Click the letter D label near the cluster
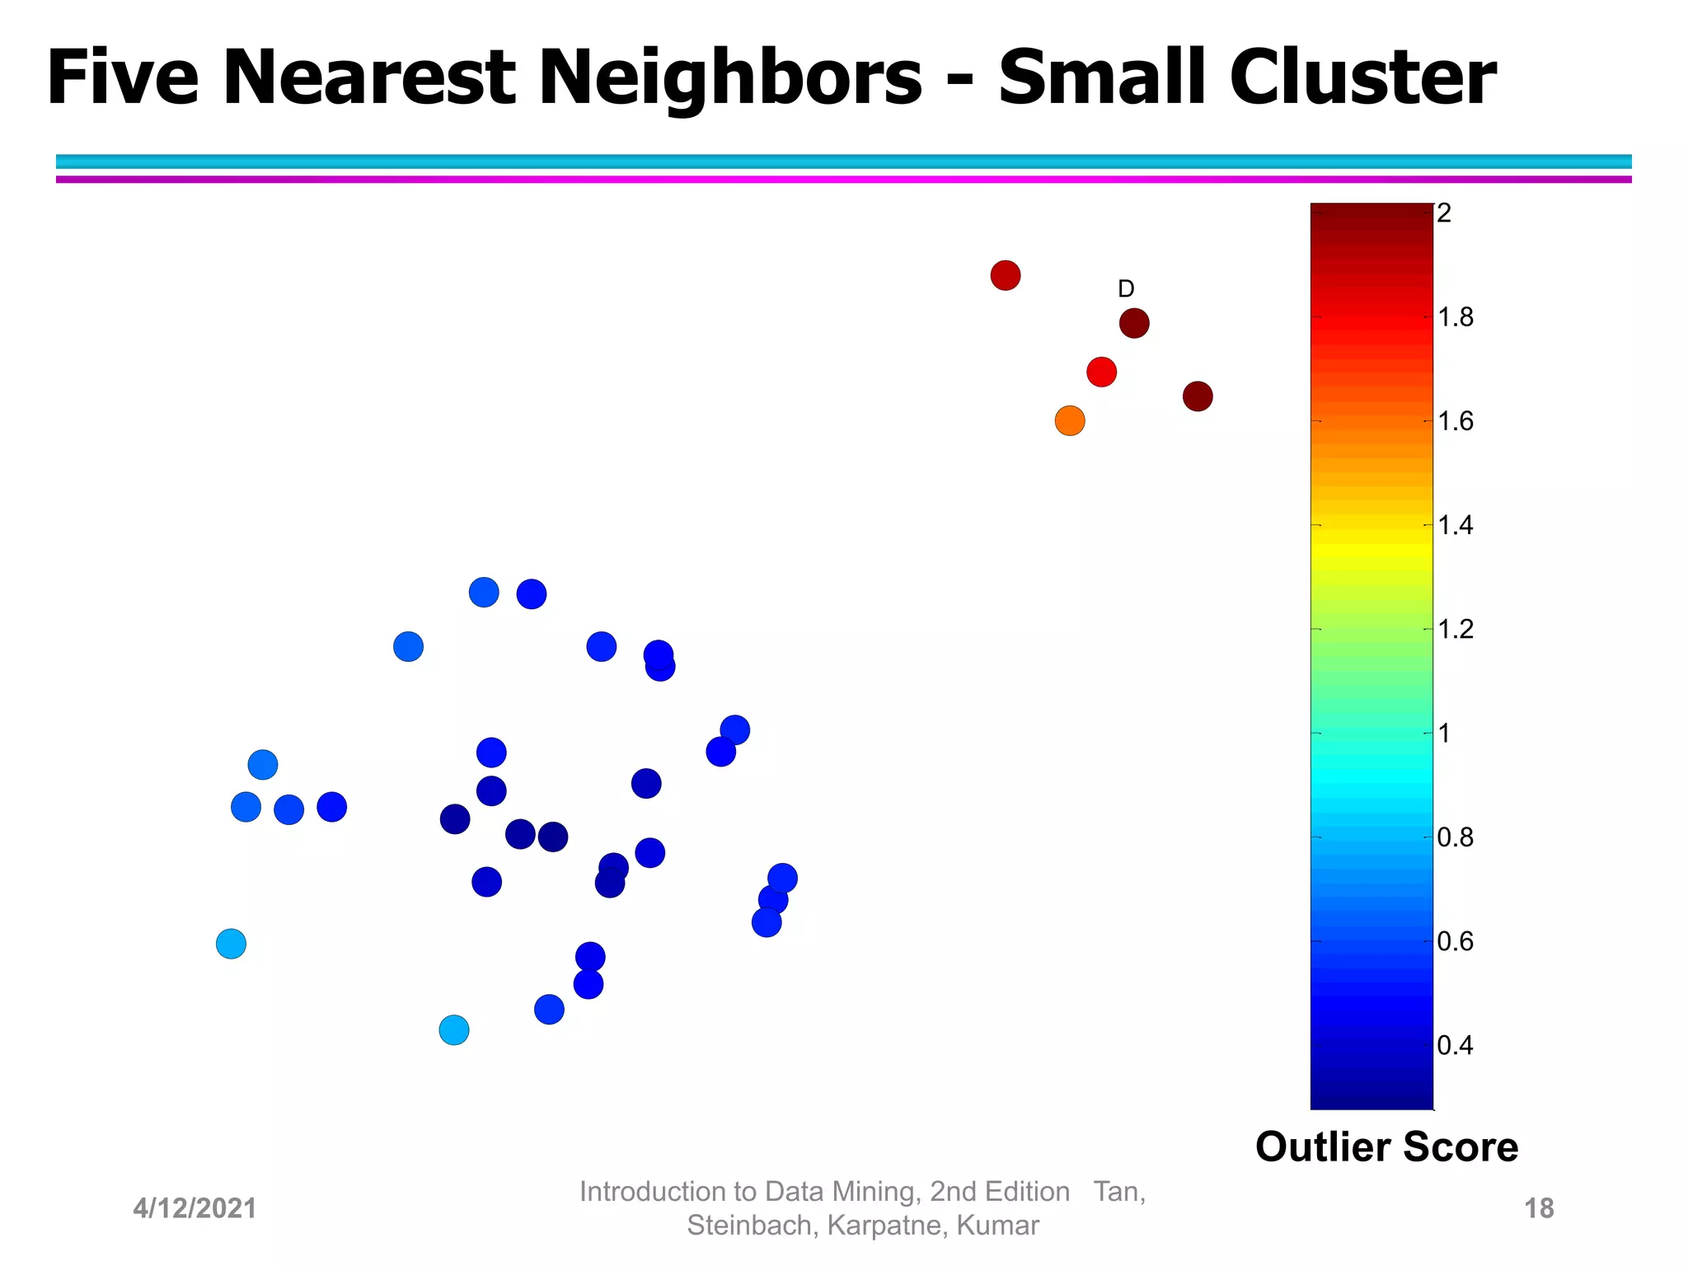click(x=1126, y=288)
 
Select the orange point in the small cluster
click(x=1070, y=421)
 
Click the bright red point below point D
click(x=1101, y=372)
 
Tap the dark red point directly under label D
click(x=1134, y=323)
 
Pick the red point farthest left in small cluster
click(x=1006, y=275)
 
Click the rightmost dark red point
click(x=1198, y=396)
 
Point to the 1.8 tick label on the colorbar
click(x=1456, y=317)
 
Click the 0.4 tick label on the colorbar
click(x=1455, y=1046)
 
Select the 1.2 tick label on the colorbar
click(x=1456, y=630)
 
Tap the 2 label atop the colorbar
click(x=1444, y=213)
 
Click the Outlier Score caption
click(x=1386, y=1146)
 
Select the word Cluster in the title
click(x=1362, y=77)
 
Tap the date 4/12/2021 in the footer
click(x=195, y=1208)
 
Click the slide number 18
click(x=1539, y=1208)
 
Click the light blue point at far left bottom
click(x=231, y=943)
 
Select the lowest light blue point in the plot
click(x=454, y=1029)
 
